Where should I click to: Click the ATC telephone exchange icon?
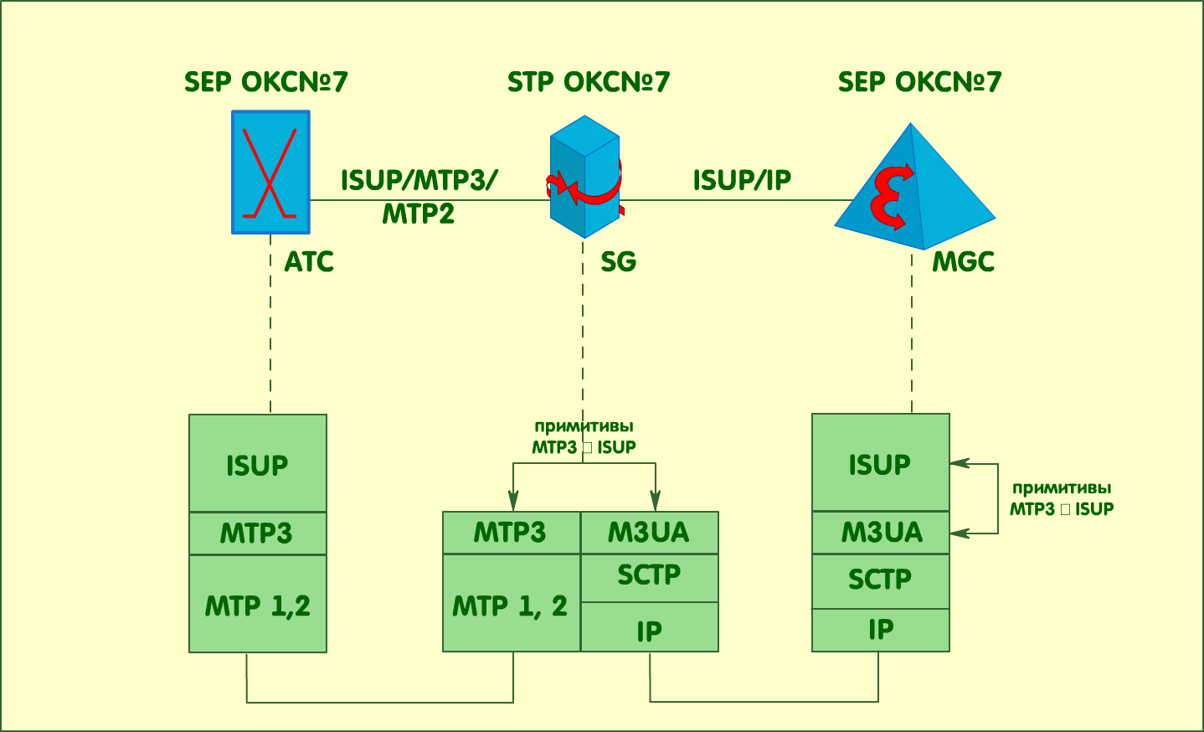270,172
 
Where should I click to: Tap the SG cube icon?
584,177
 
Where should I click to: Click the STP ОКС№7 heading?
589,82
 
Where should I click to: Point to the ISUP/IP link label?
742,180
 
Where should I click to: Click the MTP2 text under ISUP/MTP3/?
418,214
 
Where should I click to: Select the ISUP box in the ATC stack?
258,463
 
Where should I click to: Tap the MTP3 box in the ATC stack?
258,533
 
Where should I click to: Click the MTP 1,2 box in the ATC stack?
258,604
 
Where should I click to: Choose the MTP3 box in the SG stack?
512,533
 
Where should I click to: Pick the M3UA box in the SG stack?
649,533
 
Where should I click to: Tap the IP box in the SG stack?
649,627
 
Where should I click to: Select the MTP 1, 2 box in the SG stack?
512,603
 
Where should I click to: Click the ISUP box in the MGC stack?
881,462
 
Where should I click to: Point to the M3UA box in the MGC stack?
881,533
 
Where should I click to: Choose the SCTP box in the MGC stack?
881,581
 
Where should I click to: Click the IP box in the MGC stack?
881,631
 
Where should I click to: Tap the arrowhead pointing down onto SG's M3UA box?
656,501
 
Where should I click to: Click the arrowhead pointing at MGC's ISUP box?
960,463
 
